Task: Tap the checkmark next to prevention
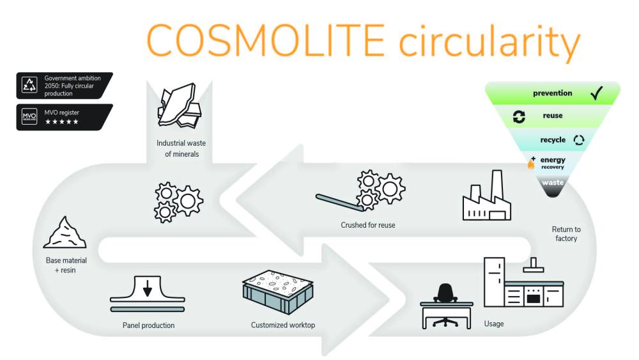click(597, 93)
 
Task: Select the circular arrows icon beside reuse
click(520, 116)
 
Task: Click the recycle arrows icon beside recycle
click(579, 139)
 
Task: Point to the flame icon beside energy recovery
click(531, 163)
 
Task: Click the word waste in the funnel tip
click(553, 183)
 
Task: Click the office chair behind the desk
click(445, 294)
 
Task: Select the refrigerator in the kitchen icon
click(494, 281)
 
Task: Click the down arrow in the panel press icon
click(148, 289)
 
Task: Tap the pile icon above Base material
click(65, 233)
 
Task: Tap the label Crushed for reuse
click(367, 225)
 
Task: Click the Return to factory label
click(566, 234)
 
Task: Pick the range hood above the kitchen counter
click(533, 267)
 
